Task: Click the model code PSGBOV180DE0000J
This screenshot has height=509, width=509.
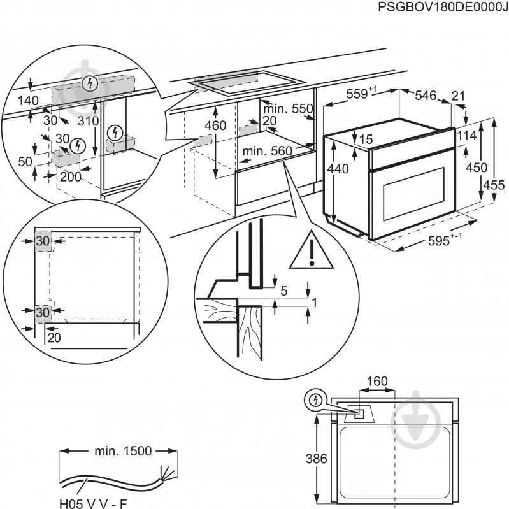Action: pos(439,7)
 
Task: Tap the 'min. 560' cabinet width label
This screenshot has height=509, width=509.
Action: pos(266,151)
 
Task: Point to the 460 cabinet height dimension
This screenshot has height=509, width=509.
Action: pos(215,125)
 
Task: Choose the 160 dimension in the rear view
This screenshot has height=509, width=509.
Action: pos(377,382)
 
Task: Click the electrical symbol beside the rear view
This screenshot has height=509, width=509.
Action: pos(313,400)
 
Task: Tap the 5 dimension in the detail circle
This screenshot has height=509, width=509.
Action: pos(284,291)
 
